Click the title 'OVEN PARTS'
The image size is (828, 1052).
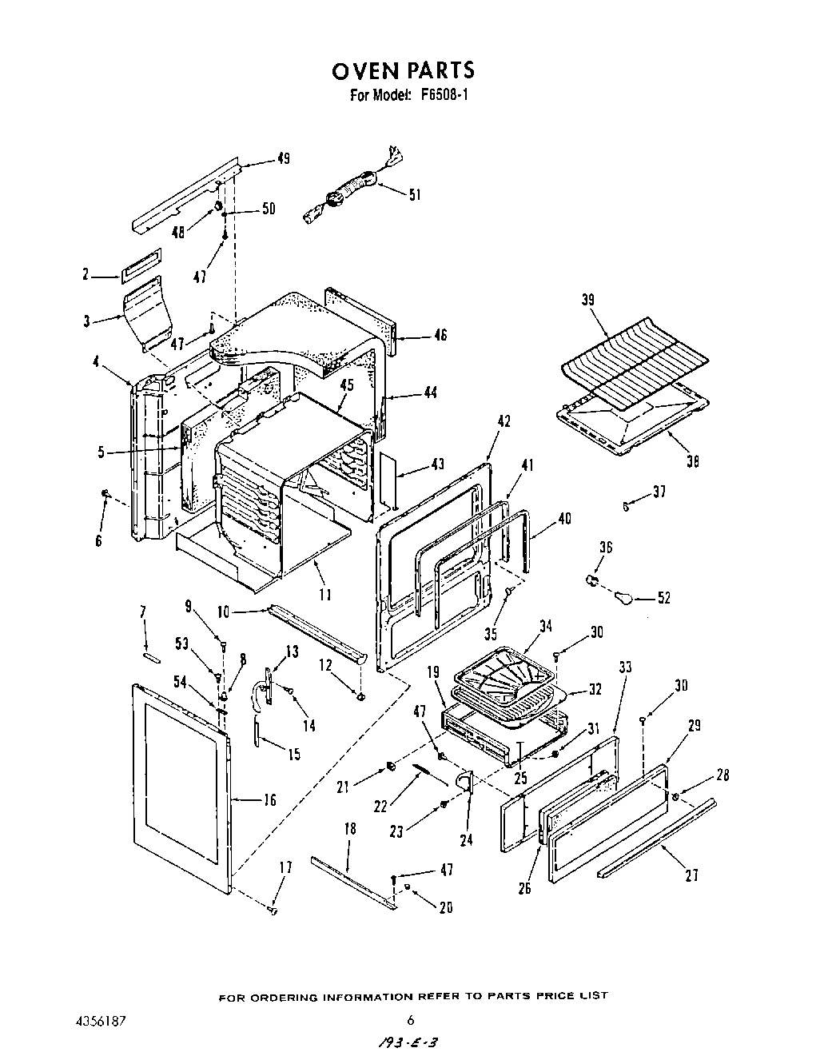[x=403, y=70]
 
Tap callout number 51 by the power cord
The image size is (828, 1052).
[x=415, y=194]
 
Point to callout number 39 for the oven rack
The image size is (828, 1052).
[x=588, y=300]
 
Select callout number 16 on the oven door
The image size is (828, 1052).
[x=270, y=799]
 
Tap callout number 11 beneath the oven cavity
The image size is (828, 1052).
[x=324, y=594]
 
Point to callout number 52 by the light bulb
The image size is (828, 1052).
[x=663, y=598]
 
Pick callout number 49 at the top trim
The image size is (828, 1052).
[x=283, y=158]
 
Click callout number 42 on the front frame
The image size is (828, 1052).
[x=504, y=422]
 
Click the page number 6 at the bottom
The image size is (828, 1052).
[x=410, y=1019]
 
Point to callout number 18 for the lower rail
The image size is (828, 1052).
[x=350, y=829]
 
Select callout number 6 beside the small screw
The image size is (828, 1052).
[x=98, y=540]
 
